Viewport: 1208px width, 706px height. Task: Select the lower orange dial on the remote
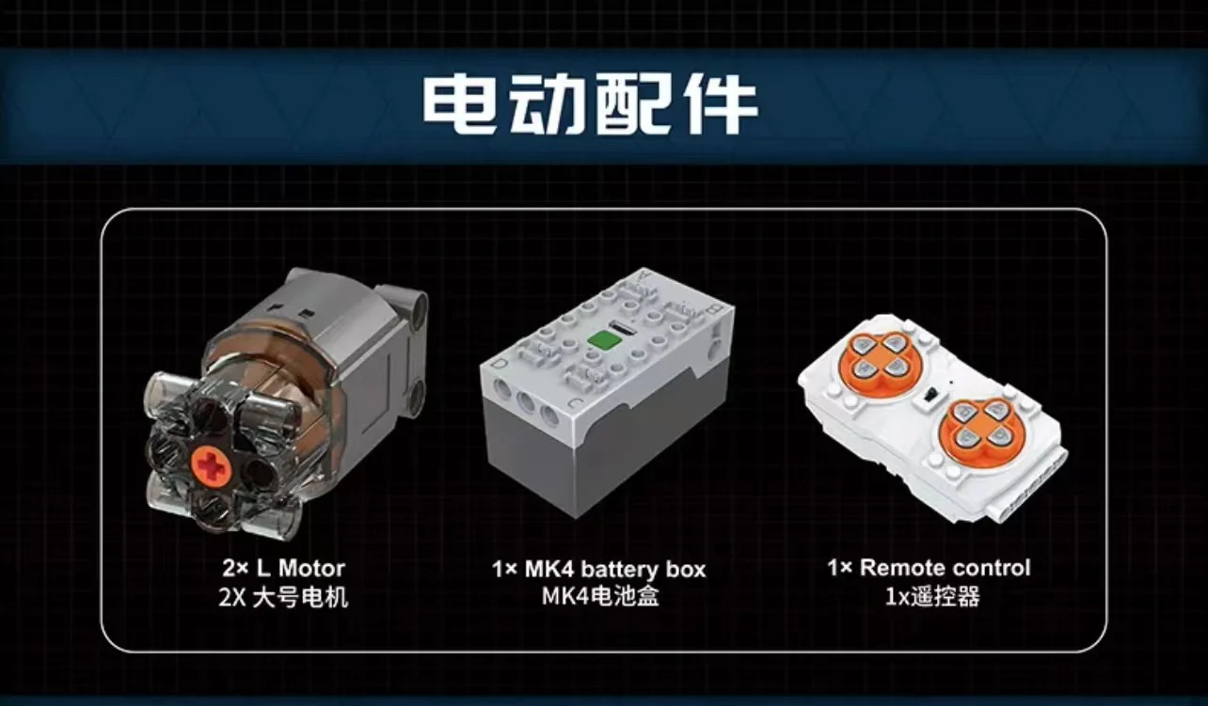click(x=981, y=430)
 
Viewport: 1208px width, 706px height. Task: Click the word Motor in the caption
click(x=311, y=568)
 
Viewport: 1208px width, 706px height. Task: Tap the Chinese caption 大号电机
click(x=300, y=598)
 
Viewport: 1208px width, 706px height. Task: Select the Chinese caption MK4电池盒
click(x=601, y=596)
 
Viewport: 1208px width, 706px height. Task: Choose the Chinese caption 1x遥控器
click(x=932, y=596)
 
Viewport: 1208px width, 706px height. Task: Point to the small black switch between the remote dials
click(x=930, y=395)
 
